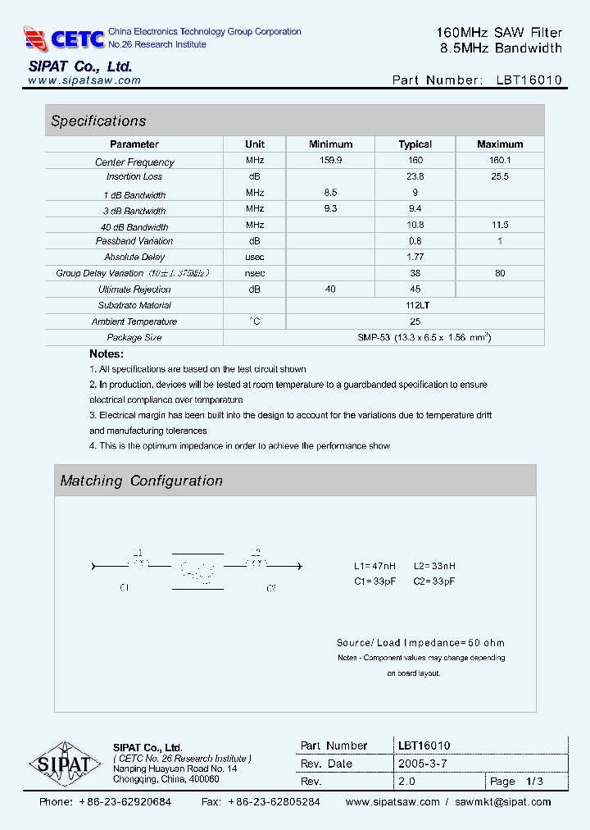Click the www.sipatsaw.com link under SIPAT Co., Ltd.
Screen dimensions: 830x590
coord(84,80)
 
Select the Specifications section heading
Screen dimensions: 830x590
coord(98,121)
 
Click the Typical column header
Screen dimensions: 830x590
coord(415,144)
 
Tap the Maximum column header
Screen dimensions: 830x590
coord(500,144)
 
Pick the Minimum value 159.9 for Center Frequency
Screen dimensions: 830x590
coord(330,162)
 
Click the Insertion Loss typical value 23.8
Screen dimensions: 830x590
coord(415,176)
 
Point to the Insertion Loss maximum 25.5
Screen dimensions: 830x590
coord(500,176)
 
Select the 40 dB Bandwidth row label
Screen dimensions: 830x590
coord(134,226)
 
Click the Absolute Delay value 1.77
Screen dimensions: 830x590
coord(415,258)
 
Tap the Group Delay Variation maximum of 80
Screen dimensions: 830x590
coord(500,273)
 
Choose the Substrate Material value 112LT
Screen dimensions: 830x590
coord(415,305)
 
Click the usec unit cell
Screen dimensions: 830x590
coord(255,258)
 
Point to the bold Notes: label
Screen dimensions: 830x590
coord(107,354)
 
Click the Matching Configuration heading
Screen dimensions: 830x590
coord(142,481)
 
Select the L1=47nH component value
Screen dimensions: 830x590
coord(375,567)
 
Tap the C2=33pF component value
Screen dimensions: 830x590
coord(434,581)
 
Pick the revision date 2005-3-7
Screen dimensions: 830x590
coord(422,764)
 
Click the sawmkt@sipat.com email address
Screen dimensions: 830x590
coord(503,802)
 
